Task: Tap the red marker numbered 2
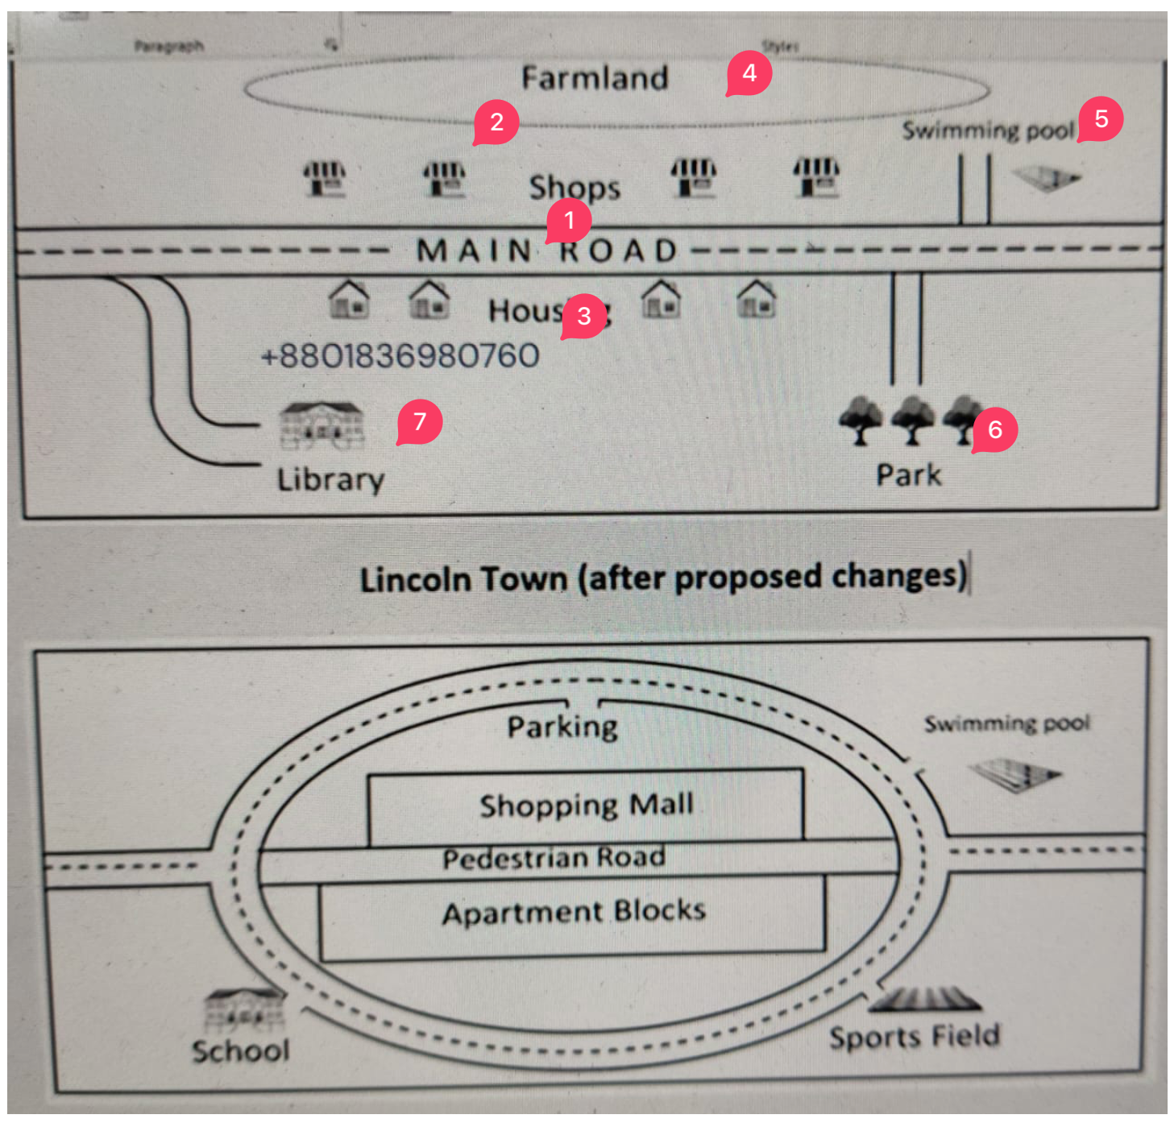[496, 122]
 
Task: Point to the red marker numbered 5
[1101, 120]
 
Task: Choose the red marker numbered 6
[995, 430]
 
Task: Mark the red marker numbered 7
[419, 422]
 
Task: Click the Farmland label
[595, 78]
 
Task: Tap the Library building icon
[322, 425]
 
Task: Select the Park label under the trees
[909, 475]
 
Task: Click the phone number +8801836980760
[400, 355]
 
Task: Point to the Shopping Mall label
[586, 805]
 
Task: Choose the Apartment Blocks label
[574, 912]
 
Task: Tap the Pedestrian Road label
[554, 858]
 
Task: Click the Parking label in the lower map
[562, 727]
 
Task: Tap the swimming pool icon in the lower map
[1015, 775]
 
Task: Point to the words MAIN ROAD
[548, 251]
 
